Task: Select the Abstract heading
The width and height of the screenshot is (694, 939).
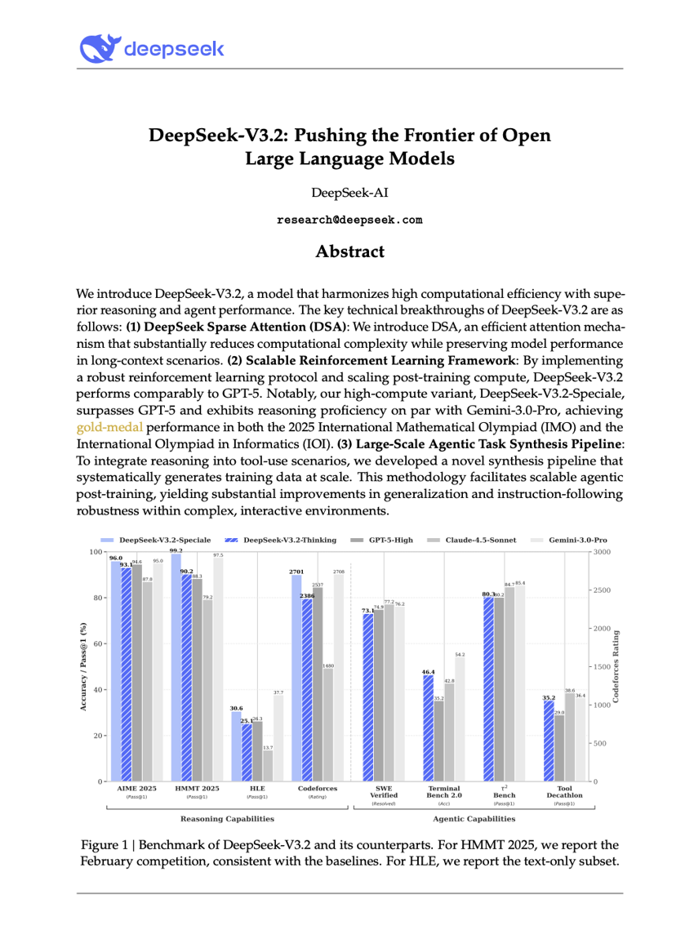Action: [x=349, y=251]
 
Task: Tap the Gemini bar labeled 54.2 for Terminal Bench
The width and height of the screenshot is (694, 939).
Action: [x=460, y=719]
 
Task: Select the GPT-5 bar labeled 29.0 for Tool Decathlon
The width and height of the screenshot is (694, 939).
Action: [x=559, y=748]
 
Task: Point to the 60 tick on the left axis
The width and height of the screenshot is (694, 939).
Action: [x=99, y=644]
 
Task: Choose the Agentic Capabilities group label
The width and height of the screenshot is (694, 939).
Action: [x=474, y=818]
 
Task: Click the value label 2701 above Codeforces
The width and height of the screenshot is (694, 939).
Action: [x=297, y=573]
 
